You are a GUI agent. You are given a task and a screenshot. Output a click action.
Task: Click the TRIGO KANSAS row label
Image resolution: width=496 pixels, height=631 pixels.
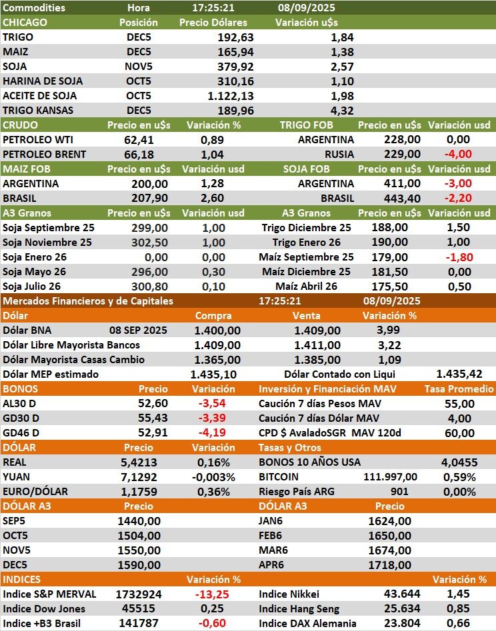(39, 111)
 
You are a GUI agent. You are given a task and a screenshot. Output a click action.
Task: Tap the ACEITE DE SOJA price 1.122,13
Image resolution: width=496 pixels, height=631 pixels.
(229, 96)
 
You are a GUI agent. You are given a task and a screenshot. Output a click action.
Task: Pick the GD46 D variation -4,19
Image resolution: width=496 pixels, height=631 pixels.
(213, 433)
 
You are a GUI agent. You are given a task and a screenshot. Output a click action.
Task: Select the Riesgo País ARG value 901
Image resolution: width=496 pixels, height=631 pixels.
(399, 492)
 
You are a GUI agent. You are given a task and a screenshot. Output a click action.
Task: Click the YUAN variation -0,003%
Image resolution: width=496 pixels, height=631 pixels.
(213, 477)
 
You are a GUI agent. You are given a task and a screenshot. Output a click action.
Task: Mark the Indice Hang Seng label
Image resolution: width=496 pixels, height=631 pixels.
(299, 609)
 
